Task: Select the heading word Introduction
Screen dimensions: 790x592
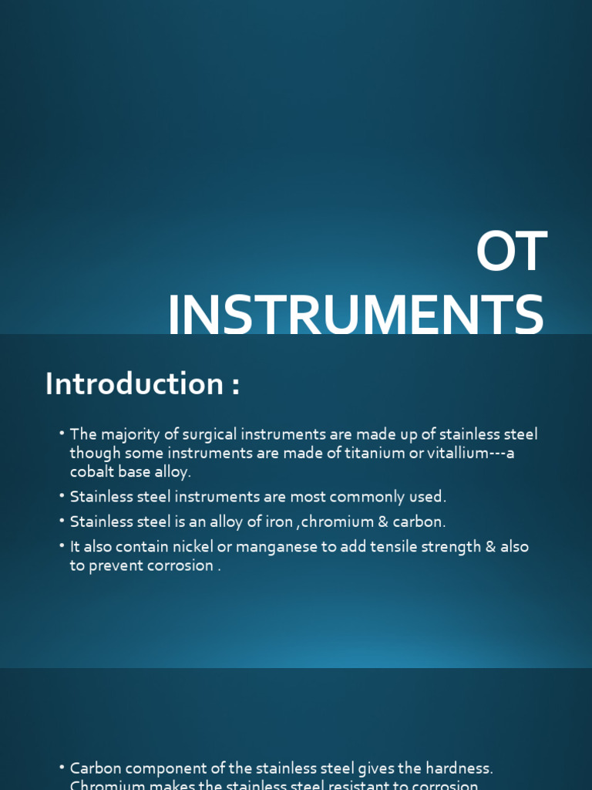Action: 134,384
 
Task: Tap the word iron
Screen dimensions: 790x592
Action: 278,522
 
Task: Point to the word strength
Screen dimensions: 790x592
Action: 434,546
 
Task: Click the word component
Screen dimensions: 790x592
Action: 158,768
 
